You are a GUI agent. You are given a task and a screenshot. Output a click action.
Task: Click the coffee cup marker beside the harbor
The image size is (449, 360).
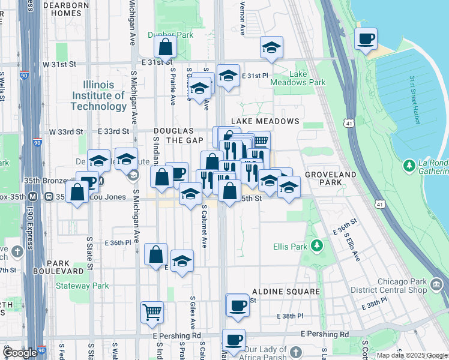tap(366, 40)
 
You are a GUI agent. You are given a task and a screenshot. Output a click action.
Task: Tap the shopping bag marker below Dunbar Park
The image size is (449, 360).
tap(165, 47)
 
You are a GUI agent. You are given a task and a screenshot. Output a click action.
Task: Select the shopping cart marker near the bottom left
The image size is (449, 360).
tap(152, 311)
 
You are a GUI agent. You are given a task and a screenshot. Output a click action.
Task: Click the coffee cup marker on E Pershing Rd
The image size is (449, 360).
tap(234, 340)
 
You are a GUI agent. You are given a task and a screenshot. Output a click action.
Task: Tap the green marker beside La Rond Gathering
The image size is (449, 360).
tap(410, 164)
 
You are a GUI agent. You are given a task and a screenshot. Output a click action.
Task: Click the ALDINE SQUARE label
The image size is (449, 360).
tap(286, 292)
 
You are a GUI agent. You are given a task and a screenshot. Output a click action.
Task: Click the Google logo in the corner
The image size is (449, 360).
tap(20, 353)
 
